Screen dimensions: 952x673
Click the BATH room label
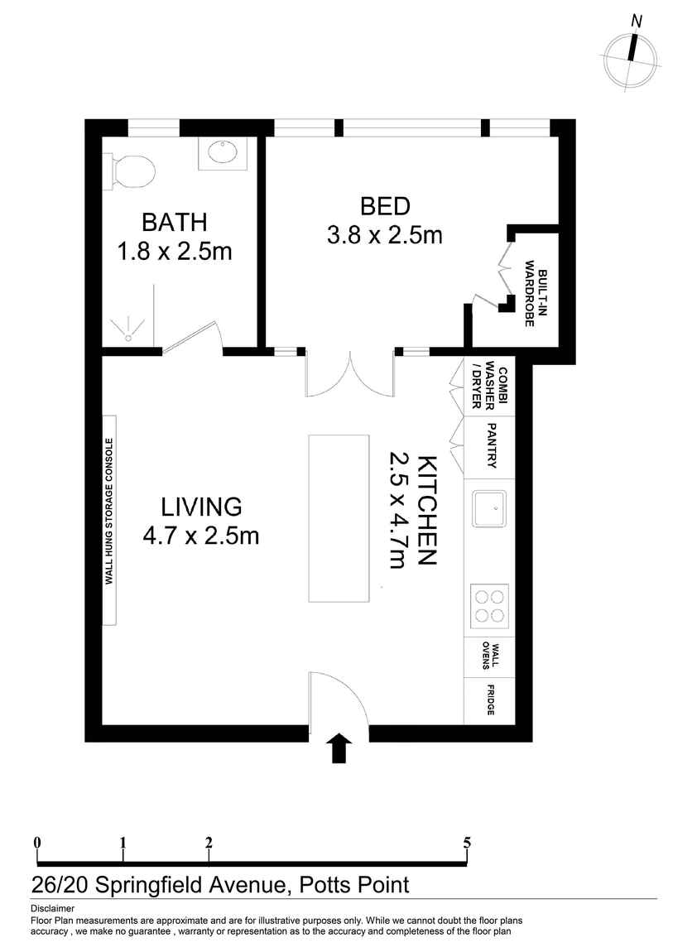(x=174, y=223)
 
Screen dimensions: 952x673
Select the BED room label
(x=385, y=206)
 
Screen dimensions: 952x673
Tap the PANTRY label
(x=492, y=446)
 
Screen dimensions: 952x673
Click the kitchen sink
(x=489, y=508)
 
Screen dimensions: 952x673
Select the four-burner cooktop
(x=488, y=603)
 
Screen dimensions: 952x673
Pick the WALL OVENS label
(x=491, y=656)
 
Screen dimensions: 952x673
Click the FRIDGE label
(x=491, y=700)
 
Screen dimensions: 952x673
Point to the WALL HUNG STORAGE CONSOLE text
(x=108, y=511)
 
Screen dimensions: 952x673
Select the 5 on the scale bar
(x=468, y=843)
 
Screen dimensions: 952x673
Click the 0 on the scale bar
(x=37, y=843)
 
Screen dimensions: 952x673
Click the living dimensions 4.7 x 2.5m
(x=201, y=536)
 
